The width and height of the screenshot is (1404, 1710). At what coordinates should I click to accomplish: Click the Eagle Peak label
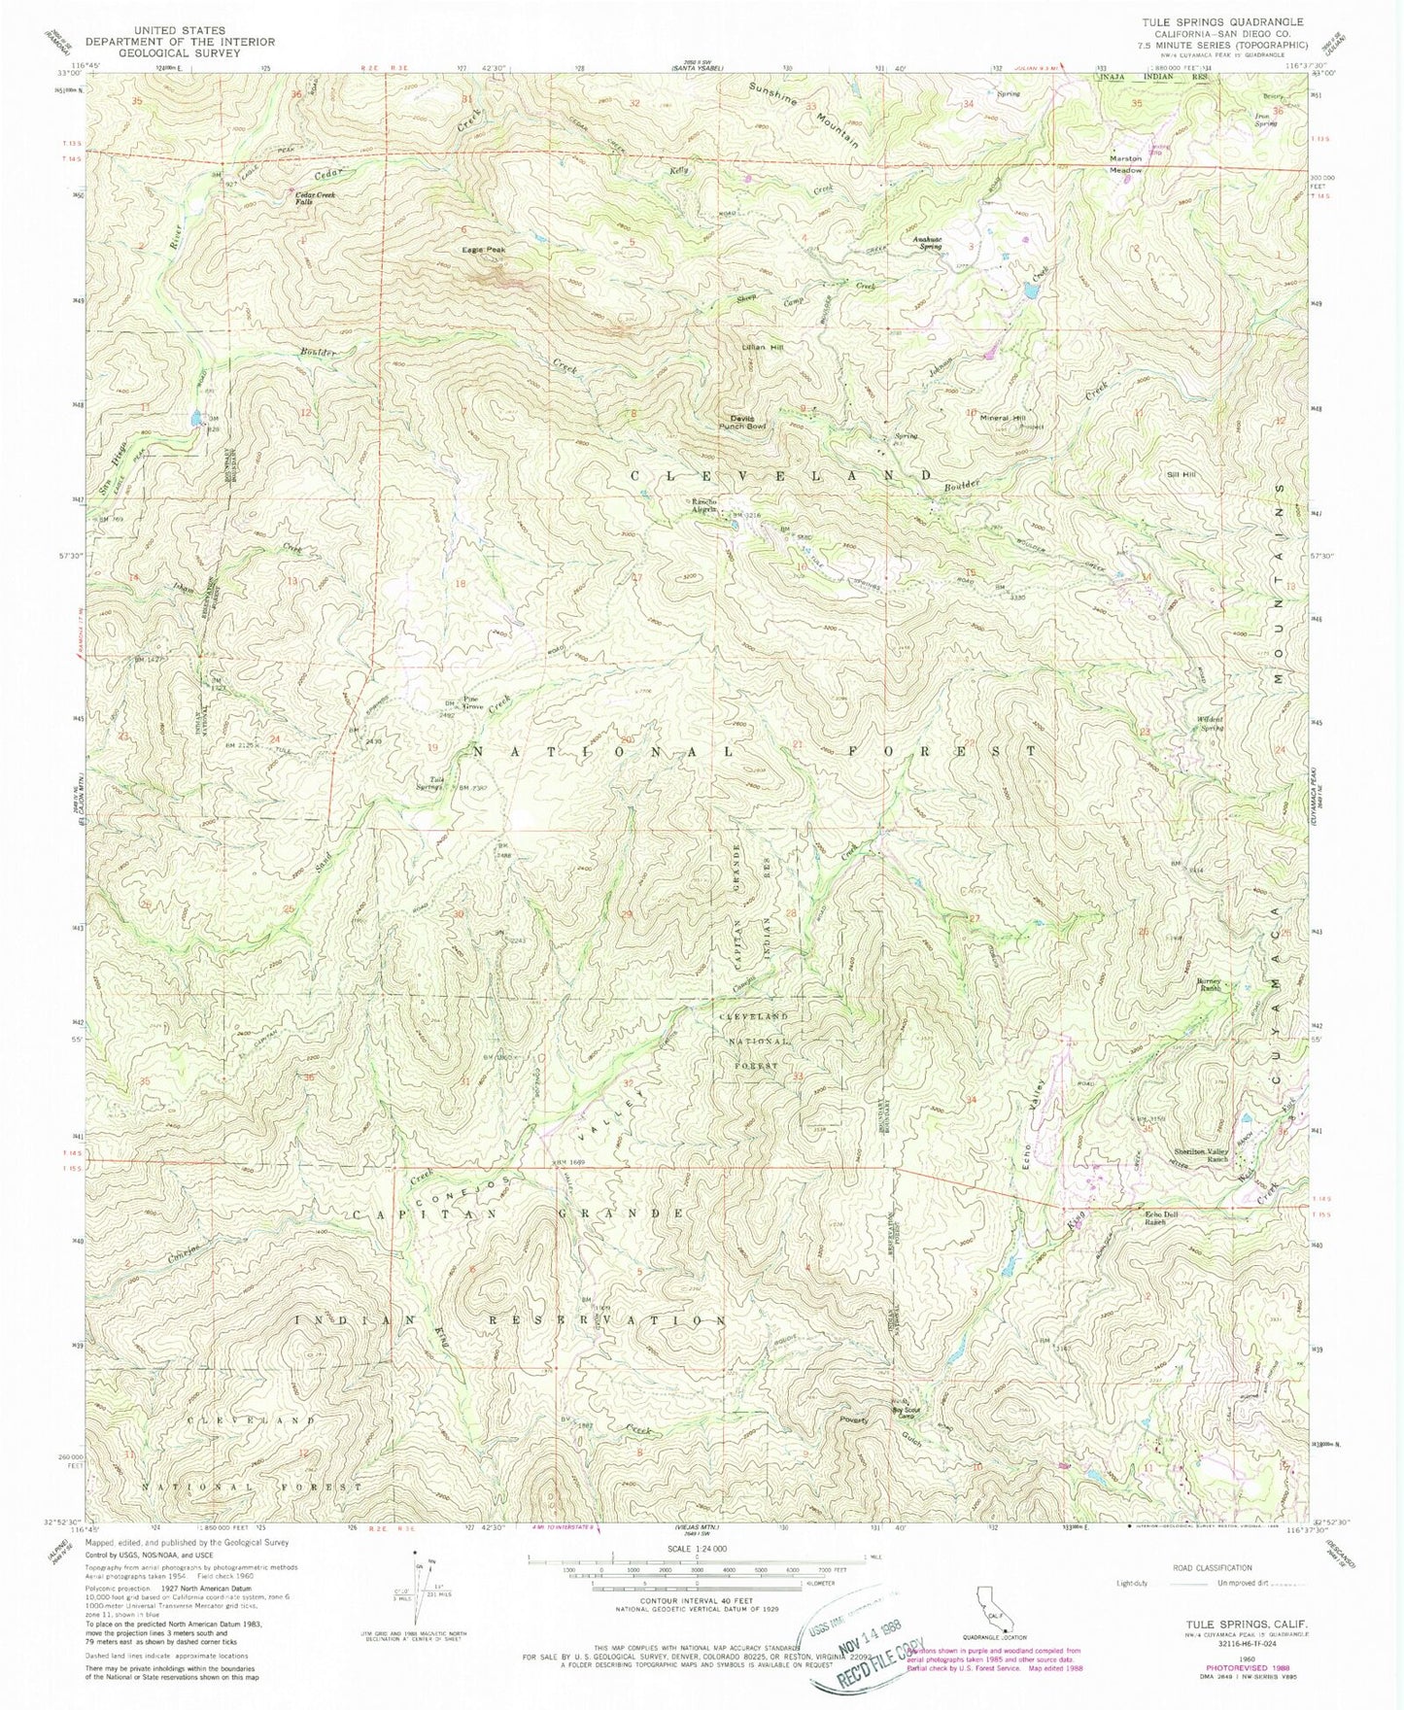483,250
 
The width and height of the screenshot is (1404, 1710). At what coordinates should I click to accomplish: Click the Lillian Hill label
762,347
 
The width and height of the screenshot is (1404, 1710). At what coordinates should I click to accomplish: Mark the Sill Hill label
1181,474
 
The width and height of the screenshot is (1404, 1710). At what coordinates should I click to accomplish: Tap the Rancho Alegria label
704,505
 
